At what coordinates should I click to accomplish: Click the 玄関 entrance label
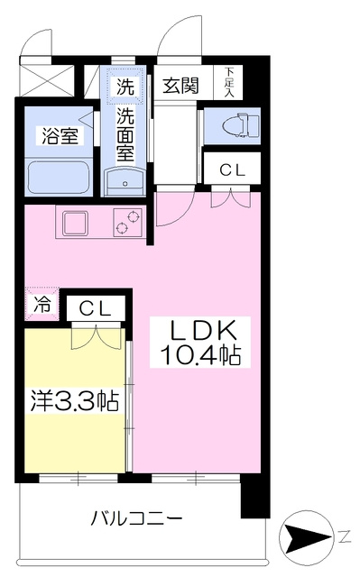click(180, 86)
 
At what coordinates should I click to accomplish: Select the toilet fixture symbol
click(240, 125)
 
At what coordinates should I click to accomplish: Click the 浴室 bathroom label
click(60, 136)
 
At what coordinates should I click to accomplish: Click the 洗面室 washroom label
click(125, 136)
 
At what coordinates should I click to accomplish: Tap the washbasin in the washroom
click(125, 181)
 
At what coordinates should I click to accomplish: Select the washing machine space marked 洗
click(125, 86)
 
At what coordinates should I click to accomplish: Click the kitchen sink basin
click(76, 223)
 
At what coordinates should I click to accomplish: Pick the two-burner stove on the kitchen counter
click(128, 223)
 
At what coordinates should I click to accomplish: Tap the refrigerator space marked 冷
click(42, 305)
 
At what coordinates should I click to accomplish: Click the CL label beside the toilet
click(232, 170)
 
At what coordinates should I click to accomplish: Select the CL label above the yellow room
click(96, 308)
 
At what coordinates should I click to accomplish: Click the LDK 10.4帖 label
click(200, 343)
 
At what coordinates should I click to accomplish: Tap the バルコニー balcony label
click(136, 519)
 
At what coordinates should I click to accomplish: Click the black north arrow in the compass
click(305, 537)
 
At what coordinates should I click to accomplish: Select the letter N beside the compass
click(344, 537)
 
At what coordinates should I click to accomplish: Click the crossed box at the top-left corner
click(46, 80)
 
